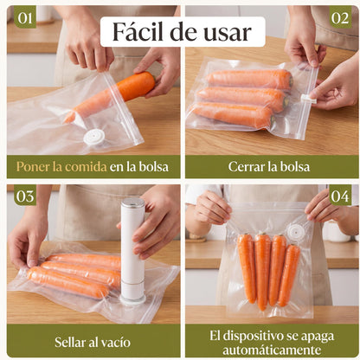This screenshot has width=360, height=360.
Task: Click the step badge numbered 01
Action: pyautogui.click(x=24, y=17)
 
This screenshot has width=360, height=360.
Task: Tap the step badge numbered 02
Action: pyautogui.click(x=340, y=17)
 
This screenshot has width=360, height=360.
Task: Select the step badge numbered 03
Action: pyautogui.click(x=24, y=196)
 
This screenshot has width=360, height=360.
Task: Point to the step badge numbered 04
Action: pyautogui.click(x=340, y=196)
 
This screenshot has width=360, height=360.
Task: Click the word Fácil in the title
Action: pyautogui.click(x=139, y=32)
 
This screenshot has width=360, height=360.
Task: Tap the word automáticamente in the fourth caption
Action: pyautogui.click(x=271, y=349)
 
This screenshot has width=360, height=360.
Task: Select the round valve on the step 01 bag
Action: pyautogui.click(x=93, y=137)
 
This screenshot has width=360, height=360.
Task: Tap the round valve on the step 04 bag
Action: pyautogui.click(x=297, y=232)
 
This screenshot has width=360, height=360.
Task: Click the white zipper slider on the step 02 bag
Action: pyautogui.click(x=309, y=99)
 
